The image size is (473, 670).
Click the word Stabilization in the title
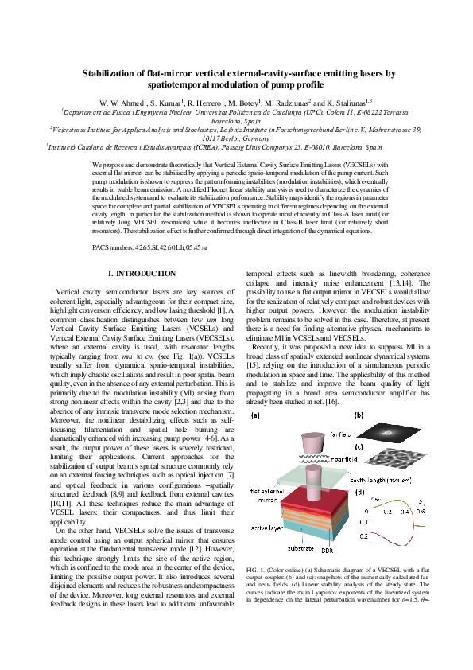[x=118, y=73]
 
